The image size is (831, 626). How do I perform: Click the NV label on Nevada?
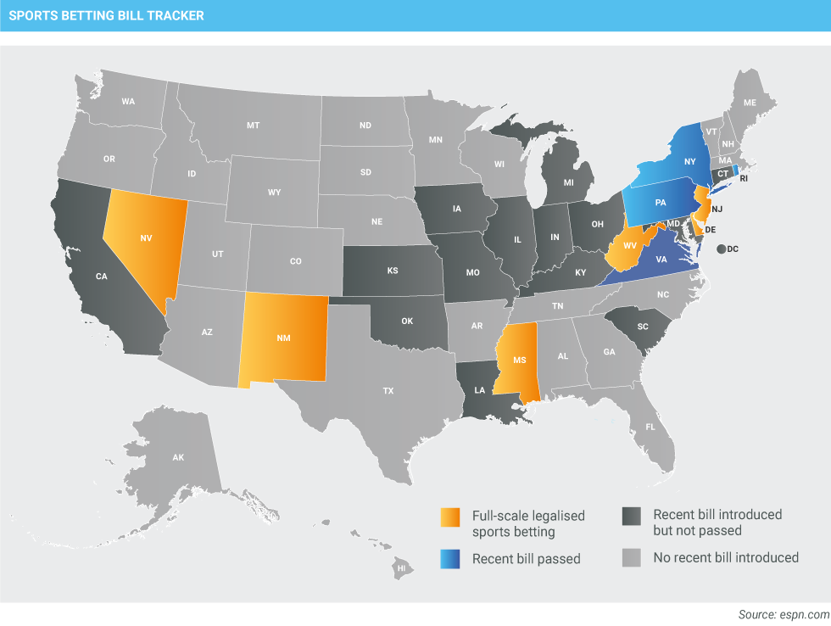coord(146,239)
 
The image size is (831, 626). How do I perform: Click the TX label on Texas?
coord(388,391)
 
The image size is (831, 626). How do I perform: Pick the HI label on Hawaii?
coord(402,567)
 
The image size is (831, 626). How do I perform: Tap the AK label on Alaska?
coord(178,457)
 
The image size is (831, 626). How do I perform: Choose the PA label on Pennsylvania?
coord(661,204)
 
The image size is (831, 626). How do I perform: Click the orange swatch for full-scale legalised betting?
coord(450,517)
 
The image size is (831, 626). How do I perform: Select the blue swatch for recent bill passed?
coord(450,558)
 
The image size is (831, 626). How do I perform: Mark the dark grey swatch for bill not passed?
coord(631,517)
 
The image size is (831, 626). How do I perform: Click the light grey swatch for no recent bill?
coord(631,557)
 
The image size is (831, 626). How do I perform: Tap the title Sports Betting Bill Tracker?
coord(107,15)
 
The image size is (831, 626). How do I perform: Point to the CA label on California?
coord(102,277)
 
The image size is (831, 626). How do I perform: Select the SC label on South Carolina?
coord(642,327)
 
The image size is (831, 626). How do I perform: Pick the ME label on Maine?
coord(750,103)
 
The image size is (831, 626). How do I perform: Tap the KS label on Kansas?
coord(393,271)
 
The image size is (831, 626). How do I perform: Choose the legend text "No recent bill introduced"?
coord(726,557)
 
